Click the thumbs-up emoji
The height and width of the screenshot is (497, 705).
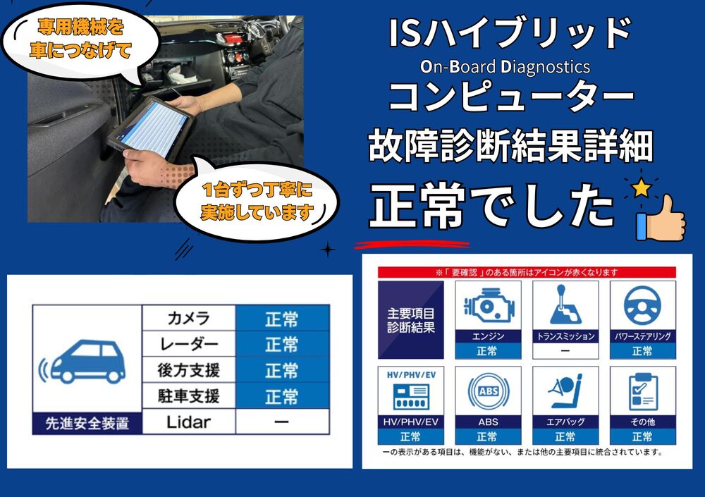(660, 218)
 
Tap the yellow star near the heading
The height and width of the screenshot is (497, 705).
(642, 188)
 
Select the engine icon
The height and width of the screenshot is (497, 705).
(489, 306)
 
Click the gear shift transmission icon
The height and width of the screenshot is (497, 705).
(565, 305)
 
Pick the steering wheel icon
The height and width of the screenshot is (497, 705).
(642, 306)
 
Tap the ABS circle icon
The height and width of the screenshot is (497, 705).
(489, 391)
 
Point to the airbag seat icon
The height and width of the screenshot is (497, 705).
(565, 391)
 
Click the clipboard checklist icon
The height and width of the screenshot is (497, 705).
(643, 391)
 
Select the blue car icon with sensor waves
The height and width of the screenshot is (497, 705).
(82, 362)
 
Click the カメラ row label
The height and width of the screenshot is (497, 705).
(189, 319)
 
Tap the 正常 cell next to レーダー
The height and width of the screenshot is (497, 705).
(282, 345)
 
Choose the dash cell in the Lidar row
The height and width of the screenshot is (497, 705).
(282, 422)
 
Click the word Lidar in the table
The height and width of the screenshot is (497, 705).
(188, 422)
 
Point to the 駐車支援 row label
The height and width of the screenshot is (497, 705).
(189, 396)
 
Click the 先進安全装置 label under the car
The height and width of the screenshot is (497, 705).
(87, 423)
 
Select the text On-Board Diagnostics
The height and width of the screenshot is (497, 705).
(505, 67)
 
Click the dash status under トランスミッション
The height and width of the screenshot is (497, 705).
(565, 351)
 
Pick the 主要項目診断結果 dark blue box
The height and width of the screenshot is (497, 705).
(411, 320)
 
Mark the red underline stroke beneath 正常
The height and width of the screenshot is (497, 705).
(412, 245)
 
